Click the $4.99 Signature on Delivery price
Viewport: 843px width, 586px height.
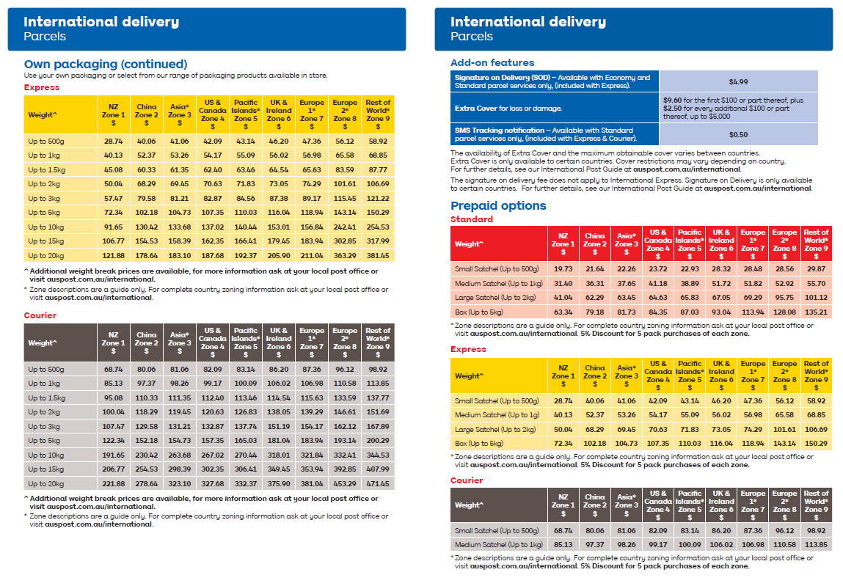738,81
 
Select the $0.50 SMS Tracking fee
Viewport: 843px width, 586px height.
738,134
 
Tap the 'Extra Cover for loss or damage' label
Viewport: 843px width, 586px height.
508,108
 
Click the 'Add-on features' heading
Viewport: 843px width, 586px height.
492,62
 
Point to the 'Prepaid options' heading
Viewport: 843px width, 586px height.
498,205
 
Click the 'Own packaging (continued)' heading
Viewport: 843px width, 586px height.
106,64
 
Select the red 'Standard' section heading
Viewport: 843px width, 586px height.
471,219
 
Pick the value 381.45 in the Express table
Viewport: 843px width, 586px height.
378,256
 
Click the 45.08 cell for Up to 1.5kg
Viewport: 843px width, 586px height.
113,170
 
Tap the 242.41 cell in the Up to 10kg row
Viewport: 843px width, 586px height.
345,227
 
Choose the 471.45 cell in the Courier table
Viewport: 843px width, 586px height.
378,484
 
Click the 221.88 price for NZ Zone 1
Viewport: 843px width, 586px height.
113,484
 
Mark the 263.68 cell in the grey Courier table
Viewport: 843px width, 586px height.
179,455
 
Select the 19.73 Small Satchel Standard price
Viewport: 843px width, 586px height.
563,269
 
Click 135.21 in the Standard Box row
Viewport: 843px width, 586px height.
816,312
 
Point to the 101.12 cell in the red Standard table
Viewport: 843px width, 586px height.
816,297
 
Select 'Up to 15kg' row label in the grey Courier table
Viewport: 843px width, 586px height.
45,469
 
